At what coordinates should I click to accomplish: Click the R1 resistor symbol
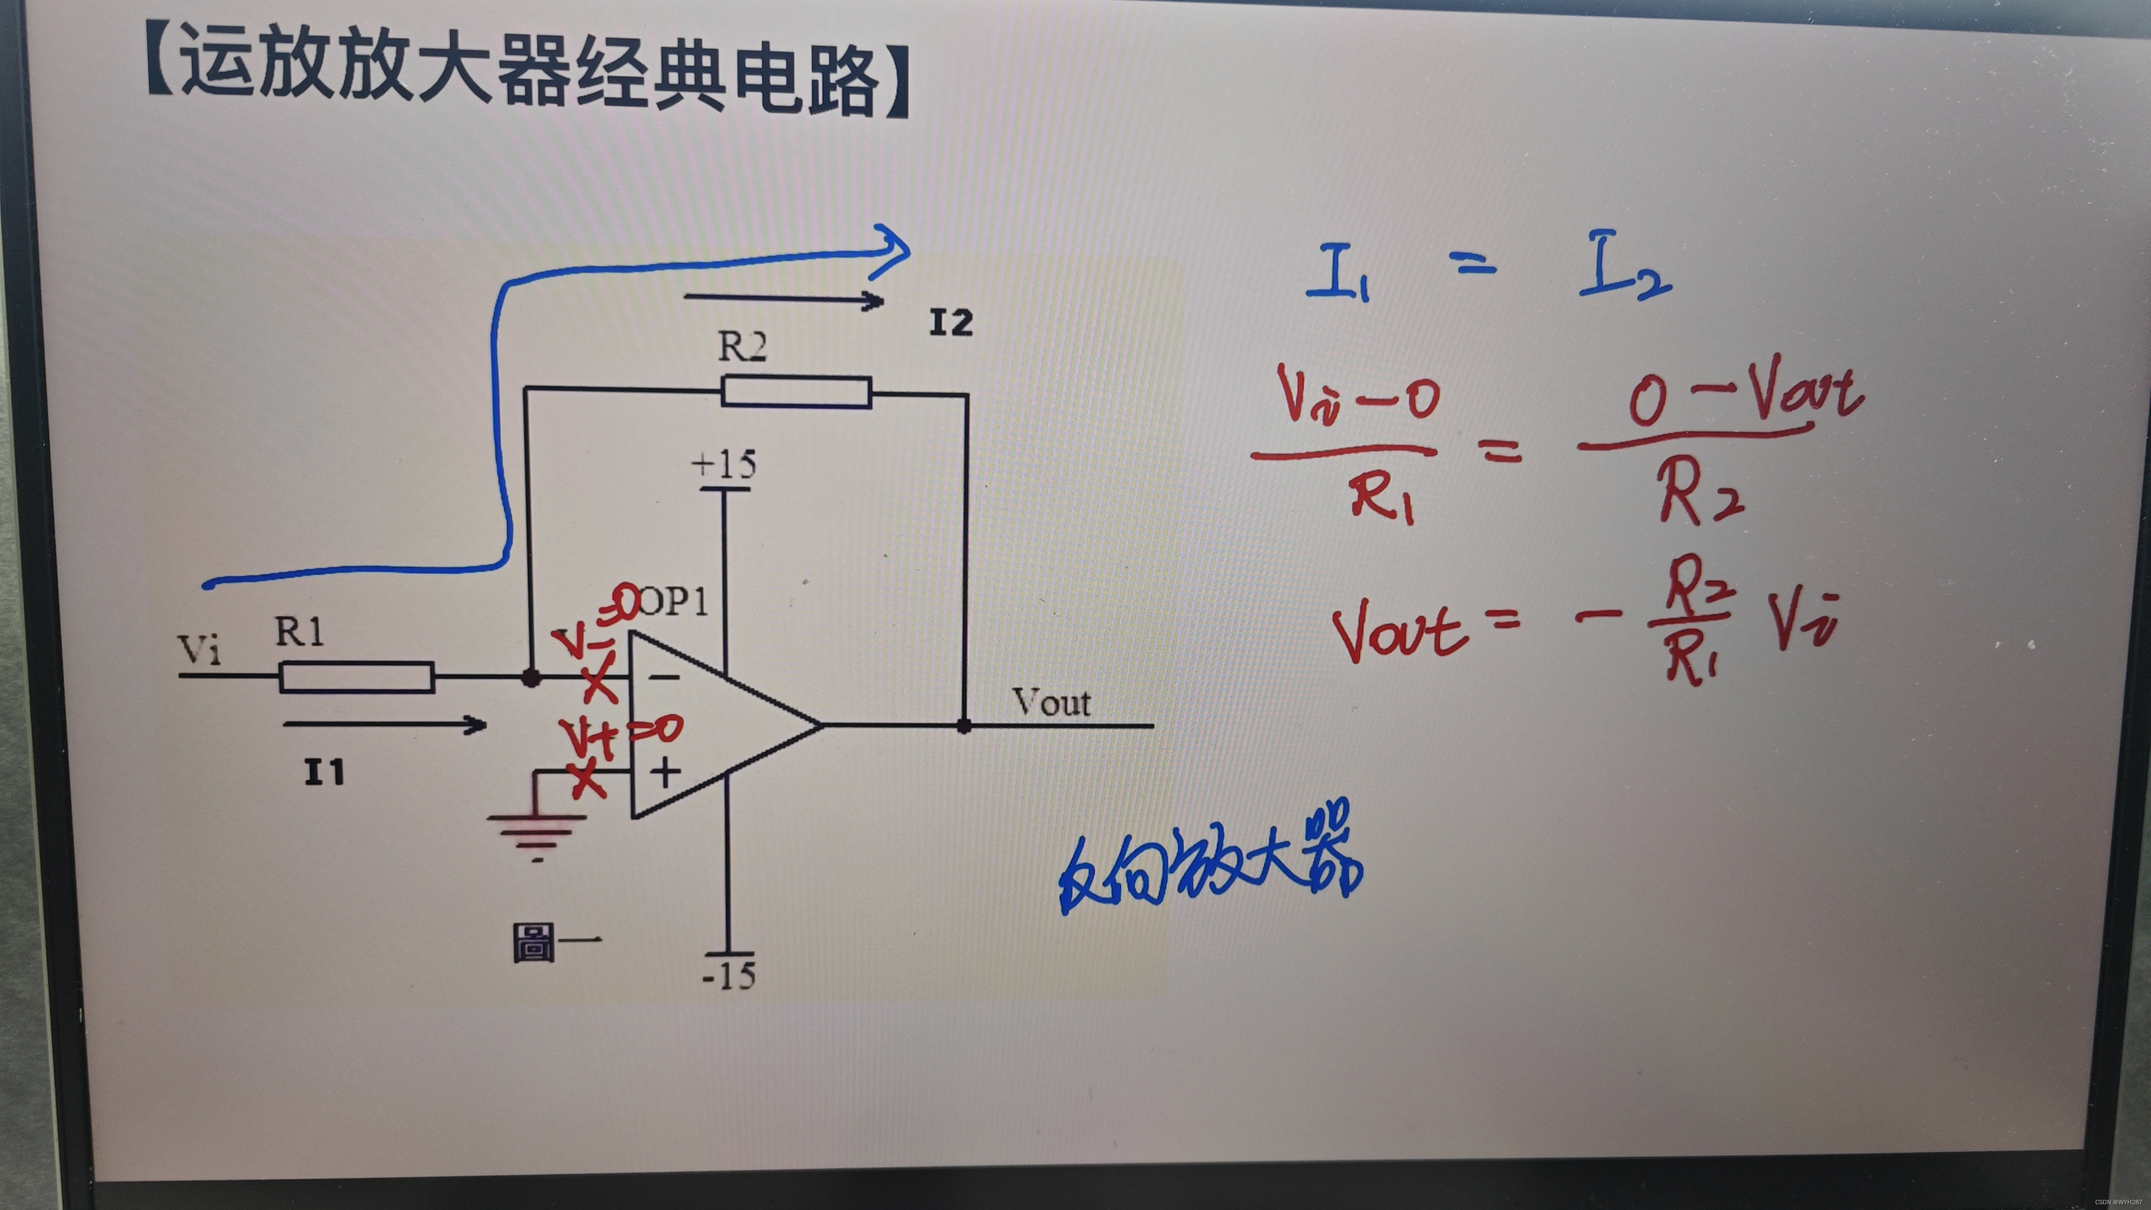pos(357,677)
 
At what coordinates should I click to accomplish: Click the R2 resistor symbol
pos(796,392)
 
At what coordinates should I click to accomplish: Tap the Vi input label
pos(200,650)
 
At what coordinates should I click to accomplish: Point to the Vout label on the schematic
pos(1051,703)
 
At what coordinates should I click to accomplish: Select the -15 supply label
pos(729,975)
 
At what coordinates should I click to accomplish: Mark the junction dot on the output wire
pos(965,726)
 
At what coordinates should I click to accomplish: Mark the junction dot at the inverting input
pos(530,678)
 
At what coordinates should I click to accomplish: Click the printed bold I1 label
pos(324,773)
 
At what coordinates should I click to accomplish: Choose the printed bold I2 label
pos(951,323)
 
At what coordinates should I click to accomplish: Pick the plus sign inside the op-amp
pos(665,773)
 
